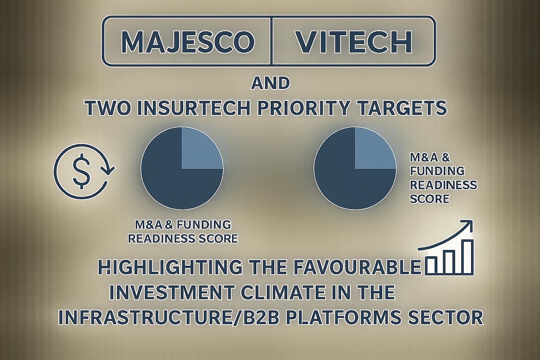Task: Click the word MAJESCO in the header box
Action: (188, 42)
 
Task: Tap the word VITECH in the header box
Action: (354, 42)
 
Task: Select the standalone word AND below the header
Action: (270, 83)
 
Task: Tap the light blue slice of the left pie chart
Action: (201, 148)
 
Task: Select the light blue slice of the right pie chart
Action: (375, 148)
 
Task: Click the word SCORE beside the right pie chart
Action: (430, 199)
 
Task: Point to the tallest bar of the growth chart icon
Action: (464, 257)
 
